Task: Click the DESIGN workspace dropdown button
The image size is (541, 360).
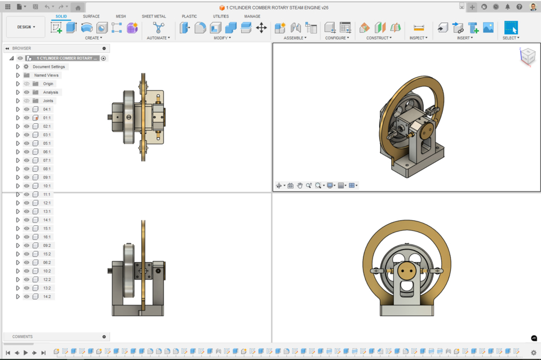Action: click(26, 27)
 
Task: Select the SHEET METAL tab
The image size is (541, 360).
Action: click(153, 16)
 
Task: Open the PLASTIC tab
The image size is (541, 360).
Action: click(189, 16)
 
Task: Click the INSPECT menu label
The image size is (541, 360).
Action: click(418, 38)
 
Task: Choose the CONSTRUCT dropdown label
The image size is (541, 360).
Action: click(378, 38)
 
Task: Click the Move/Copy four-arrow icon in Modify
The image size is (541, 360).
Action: click(261, 28)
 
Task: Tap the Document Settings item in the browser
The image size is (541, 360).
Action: click(49, 66)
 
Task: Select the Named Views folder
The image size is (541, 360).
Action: click(46, 75)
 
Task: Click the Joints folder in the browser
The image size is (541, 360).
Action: click(48, 101)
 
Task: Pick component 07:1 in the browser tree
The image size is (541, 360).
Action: click(47, 161)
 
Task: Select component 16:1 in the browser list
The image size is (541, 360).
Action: click(47, 237)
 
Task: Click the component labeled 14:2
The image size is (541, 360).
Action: click(47, 296)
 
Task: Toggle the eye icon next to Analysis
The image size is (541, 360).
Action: click(26, 92)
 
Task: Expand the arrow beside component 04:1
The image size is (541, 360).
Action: click(18, 109)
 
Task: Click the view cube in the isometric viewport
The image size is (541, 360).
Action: click(527, 56)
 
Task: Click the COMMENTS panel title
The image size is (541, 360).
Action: click(23, 337)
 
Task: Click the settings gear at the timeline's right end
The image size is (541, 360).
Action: click(534, 353)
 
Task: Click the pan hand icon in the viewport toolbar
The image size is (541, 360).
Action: click(300, 185)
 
